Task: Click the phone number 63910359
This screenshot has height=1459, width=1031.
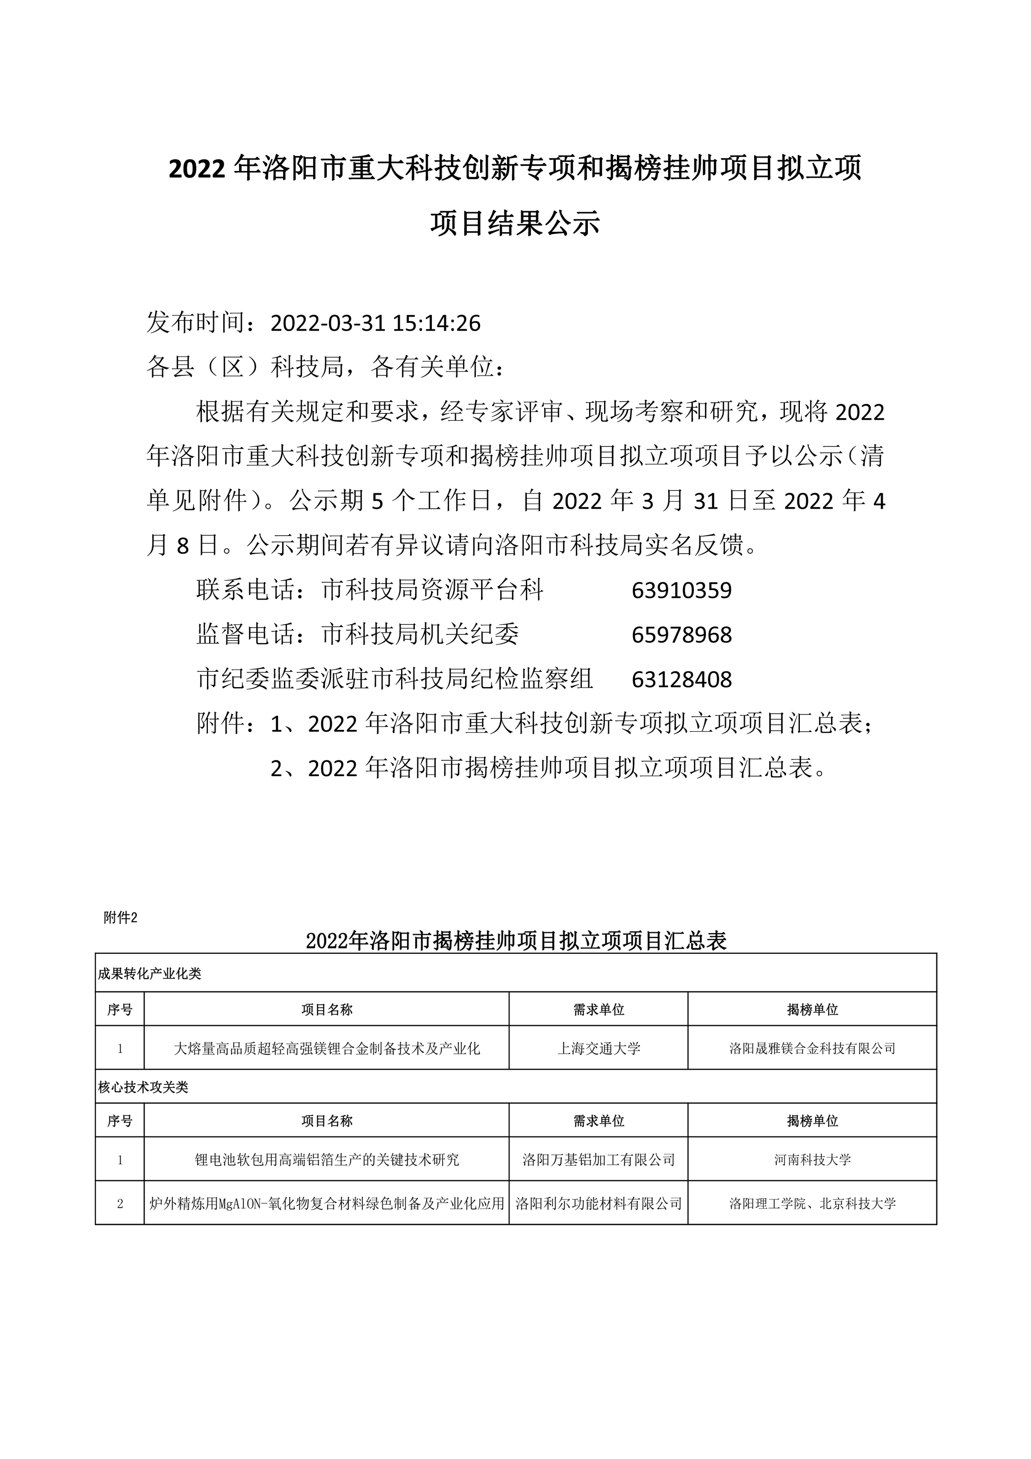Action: click(x=682, y=590)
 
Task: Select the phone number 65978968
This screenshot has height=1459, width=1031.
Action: click(x=682, y=635)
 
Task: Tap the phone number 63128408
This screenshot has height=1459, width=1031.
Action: click(x=682, y=679)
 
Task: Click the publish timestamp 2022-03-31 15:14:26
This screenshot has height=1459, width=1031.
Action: click(x=375, y=324)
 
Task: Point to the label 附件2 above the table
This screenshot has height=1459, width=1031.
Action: click(x=120, y=917)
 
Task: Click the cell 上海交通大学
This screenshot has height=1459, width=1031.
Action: click(x=598, y=1049)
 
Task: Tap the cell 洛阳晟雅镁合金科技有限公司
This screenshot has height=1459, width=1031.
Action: click(x=812, y=1049)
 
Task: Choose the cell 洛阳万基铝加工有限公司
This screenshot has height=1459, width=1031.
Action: click(x=598, y=1160)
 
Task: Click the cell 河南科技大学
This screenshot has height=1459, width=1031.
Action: click(x=812, y=1160)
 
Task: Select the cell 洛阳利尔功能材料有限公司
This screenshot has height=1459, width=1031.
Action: click(x=598, y=1203)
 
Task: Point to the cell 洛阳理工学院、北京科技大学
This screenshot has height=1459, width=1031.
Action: click(x=812, y=1203)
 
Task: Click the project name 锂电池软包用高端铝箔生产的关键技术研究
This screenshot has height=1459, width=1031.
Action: click(x=326, y=1160)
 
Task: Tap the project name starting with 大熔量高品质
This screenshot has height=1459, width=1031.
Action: click(x=326, y=1049)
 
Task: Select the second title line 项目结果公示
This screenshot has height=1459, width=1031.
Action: click(x=515, y=224)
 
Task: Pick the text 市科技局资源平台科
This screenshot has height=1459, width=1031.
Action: click(x=433, y=590)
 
